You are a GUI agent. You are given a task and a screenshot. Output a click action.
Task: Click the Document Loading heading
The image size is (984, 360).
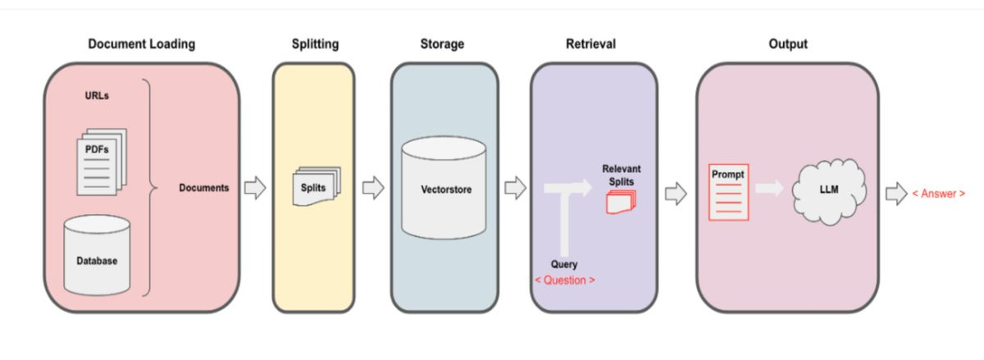click(x=141, y=44)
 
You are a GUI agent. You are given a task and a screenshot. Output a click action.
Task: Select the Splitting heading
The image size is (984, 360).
click(x=314, y=44)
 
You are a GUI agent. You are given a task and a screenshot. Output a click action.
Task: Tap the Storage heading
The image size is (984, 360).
click(x=443, y=44)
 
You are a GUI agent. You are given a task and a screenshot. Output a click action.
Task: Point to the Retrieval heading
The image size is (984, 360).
click(x=590, y=44)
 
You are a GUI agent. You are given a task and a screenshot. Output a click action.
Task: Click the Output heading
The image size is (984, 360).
click(x=787, y=44)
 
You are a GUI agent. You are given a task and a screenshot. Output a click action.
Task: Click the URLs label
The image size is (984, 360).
click(x=97, y=96)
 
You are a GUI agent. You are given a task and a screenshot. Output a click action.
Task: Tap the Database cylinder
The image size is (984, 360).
click(x=97, y=256)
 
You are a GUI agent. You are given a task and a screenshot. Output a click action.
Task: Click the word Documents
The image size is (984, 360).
click(x=204, y=188)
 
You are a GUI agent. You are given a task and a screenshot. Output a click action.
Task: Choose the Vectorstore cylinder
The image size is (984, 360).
click(x=443, y=189)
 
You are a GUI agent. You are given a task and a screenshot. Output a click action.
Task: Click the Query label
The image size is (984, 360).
click(x=563, y=265)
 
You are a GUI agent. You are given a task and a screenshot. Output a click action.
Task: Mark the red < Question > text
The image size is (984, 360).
click(x=565, y=280)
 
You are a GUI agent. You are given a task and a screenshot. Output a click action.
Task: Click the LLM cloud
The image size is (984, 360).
click(x=829, y=189)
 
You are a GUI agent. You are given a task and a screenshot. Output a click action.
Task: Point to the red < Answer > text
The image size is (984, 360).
click(x=938, y=194)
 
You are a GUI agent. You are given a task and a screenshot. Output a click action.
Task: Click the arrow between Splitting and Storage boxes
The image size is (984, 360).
click(x=373, y=189)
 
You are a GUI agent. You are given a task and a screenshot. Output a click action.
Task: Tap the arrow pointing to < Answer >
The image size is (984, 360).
click(x=895, y=194)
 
